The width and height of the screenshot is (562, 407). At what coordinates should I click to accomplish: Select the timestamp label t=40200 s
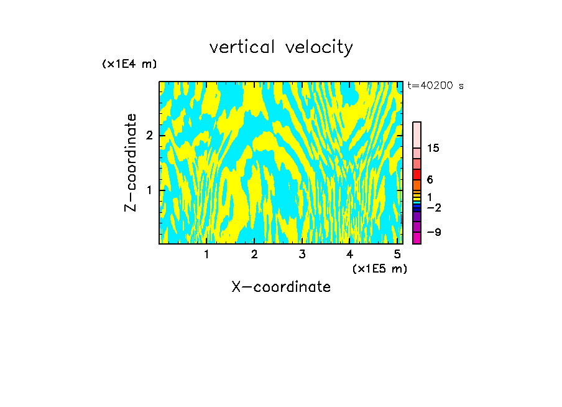pos(435,86)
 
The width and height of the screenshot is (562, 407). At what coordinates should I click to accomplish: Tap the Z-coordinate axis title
pos(131,162)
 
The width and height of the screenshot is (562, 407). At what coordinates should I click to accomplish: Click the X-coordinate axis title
pos(281,287)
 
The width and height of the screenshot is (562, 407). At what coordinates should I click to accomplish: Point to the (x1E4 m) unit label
pos(129,64)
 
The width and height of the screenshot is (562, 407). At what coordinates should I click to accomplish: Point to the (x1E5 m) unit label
pos(379,268)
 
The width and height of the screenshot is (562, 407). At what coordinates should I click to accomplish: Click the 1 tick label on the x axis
pos(206,254)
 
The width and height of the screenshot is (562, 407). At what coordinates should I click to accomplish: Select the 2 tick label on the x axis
pos(254,254)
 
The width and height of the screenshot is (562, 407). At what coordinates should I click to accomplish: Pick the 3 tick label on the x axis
pos(302,254)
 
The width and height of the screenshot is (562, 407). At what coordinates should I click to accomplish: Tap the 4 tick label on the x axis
pos(349,254)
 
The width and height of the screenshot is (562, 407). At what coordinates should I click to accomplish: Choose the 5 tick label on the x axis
pos(397,254)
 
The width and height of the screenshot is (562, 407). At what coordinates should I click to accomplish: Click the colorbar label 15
pos(433,148)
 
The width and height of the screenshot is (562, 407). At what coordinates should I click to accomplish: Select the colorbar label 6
pos(430,179)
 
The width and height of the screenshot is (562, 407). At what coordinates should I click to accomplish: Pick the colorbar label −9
pos(433,232)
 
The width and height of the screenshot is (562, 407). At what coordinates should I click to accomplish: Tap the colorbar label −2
pos(433,207)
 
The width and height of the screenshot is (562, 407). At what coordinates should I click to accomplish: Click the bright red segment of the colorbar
pos(417,174)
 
